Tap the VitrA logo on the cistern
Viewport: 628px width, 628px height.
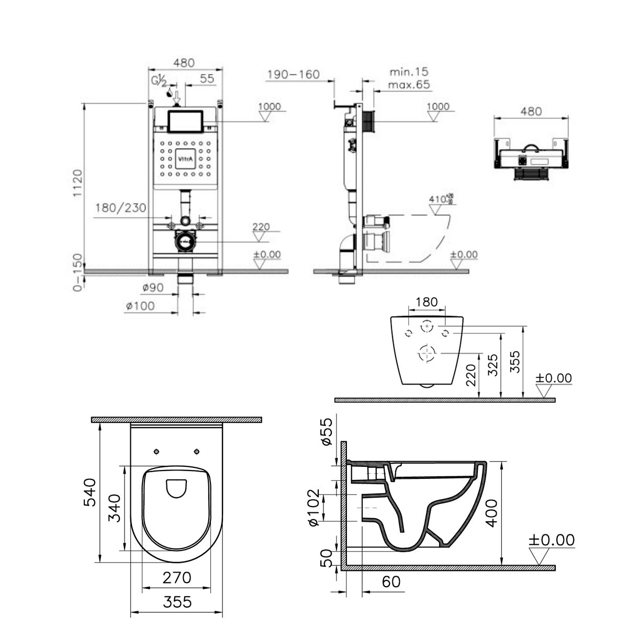[186, 159]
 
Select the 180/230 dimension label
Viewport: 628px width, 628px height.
[121, 209]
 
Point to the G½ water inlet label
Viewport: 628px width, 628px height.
[159, 82]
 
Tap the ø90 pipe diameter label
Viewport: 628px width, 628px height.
[153, 288]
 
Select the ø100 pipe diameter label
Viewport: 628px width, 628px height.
[140, 306]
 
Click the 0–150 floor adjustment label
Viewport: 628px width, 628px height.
[77, 273]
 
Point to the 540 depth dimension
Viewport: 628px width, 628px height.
[89, 492]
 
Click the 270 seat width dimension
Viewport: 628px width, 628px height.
[176, 578]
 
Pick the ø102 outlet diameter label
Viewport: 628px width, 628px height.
[313, 508]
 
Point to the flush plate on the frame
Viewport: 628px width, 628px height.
[186, 121]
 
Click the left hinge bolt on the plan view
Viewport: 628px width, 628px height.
[156, 452]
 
